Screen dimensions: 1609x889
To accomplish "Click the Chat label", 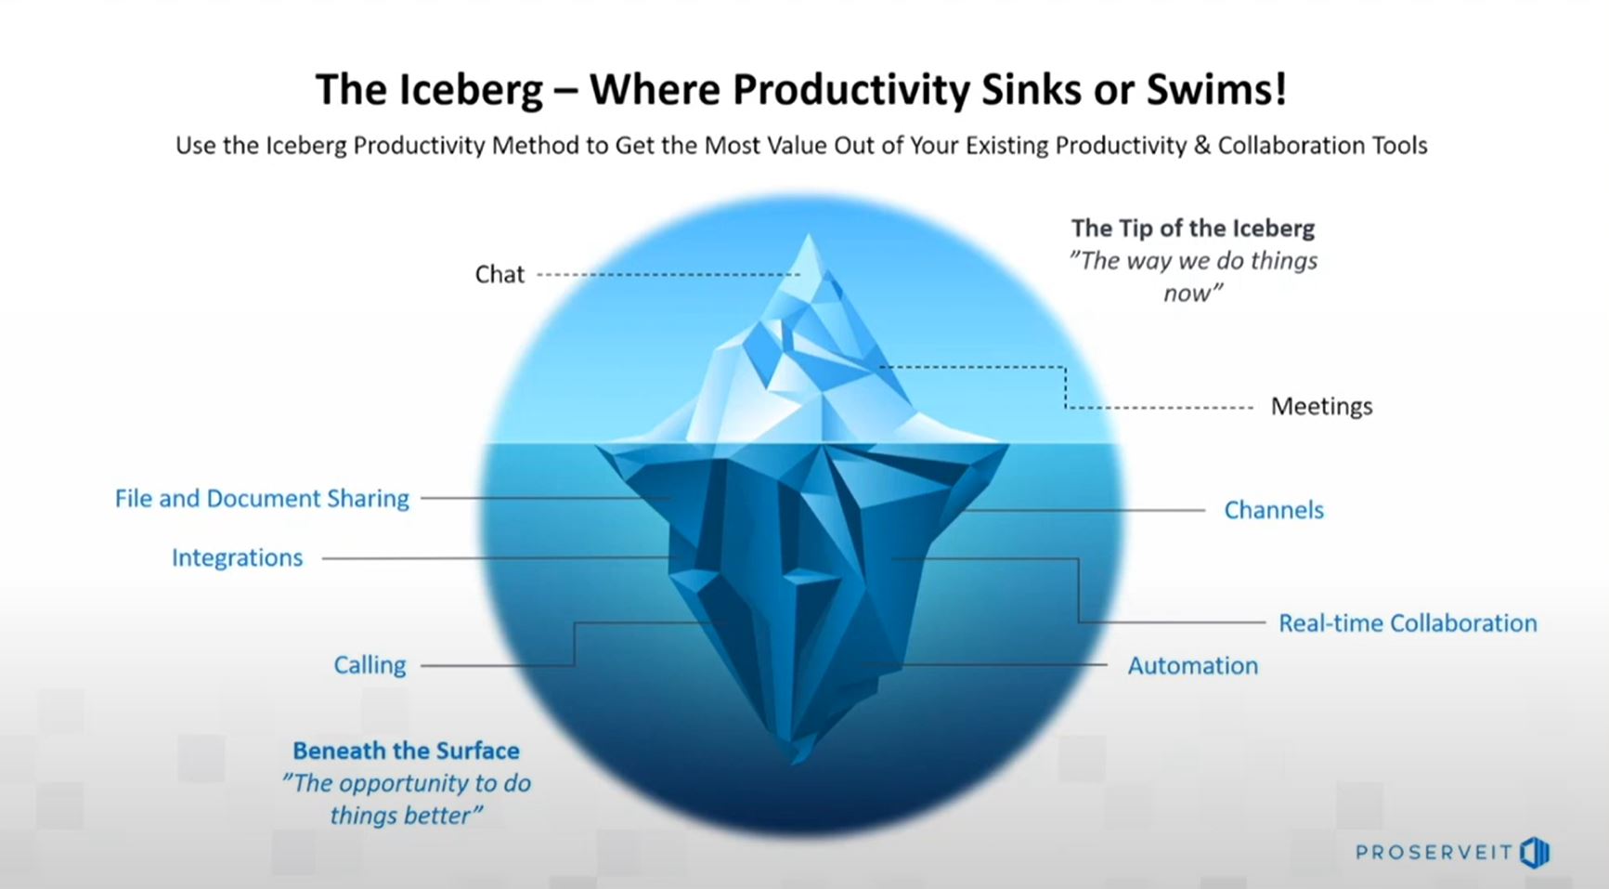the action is tap(500, 274).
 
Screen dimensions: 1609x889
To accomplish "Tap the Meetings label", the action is tap(1321, 406).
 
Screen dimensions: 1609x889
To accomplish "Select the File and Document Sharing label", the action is tap(262, 499).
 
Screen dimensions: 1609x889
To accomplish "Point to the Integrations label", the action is tap(237, 557).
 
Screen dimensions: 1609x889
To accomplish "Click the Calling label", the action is tap(370, 665).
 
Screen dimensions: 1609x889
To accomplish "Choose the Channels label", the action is tap(1274, 510).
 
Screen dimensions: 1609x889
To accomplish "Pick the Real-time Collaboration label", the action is tap(1408, 622).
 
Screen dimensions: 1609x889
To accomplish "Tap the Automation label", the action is tap(1193, 665).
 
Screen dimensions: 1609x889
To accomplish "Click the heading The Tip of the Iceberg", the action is tap(1193, 228).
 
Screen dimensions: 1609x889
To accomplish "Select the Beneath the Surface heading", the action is tap(406, 751).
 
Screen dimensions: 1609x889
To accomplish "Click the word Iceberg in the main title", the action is tap(471, 90).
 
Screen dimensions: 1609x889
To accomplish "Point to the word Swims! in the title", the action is tap(1217, 89).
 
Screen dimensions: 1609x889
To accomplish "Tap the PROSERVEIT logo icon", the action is tap(1535, 853).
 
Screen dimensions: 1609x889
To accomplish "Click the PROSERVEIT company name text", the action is tap(1434, 853).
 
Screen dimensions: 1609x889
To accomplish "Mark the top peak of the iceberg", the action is tap(808, 234).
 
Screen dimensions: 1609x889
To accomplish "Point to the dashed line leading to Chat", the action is tap(668, 275).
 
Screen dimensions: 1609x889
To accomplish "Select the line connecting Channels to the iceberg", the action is tap(1084, 510).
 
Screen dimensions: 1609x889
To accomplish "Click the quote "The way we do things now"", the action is tap(1193, 277).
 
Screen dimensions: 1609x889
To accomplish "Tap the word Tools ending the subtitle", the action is tap(1399, 146).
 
